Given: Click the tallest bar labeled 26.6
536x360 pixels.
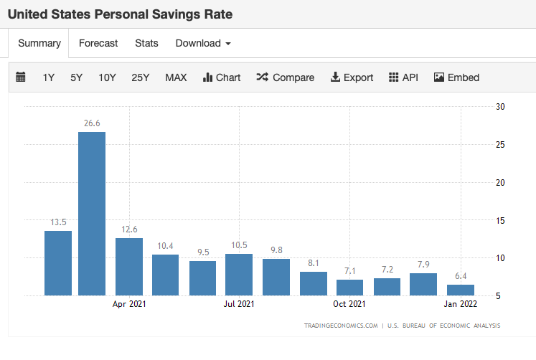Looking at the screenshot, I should [92, 213].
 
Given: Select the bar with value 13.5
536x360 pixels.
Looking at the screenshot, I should [58, 262].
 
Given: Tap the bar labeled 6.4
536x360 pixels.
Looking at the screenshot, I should [461, 290].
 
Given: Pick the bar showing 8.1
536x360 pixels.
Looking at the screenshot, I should [314, 283].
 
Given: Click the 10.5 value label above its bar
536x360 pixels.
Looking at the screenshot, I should [239, 245].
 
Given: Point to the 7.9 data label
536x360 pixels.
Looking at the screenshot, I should [423, 265].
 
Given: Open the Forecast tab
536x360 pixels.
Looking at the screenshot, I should [98, 43].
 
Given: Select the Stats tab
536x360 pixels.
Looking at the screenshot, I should [146, 43].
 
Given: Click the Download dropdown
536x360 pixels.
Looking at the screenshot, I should [203, 43].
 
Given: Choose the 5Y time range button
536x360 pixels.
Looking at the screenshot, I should [77, 77].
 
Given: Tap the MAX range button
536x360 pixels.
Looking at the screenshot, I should [176, 77].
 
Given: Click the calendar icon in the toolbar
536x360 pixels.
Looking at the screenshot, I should [21, 77].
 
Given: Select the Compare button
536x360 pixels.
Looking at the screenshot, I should [286, 77].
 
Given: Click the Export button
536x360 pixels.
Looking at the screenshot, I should [352, 77].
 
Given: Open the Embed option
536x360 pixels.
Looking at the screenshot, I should [456, 77].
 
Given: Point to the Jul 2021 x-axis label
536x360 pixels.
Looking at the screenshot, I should [239, 304].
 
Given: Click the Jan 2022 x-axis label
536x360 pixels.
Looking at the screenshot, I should [460, 304].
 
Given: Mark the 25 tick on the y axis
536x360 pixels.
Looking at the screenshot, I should [501, 145].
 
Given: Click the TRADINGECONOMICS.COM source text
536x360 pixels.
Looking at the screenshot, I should [340, 326].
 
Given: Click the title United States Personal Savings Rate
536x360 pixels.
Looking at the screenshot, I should [120, 14].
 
